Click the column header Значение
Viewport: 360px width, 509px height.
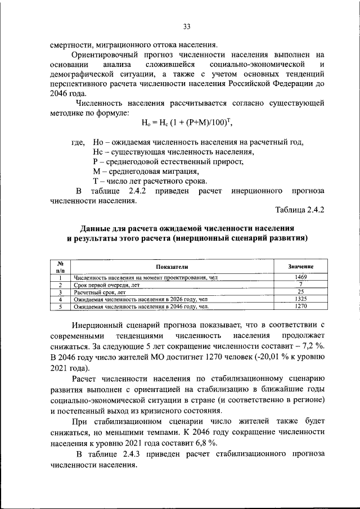point(300,266)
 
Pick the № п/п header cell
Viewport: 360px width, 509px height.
point(59,267)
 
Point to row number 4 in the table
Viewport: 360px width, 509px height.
point(59,300)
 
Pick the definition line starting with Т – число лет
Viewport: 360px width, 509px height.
point(150,181)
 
